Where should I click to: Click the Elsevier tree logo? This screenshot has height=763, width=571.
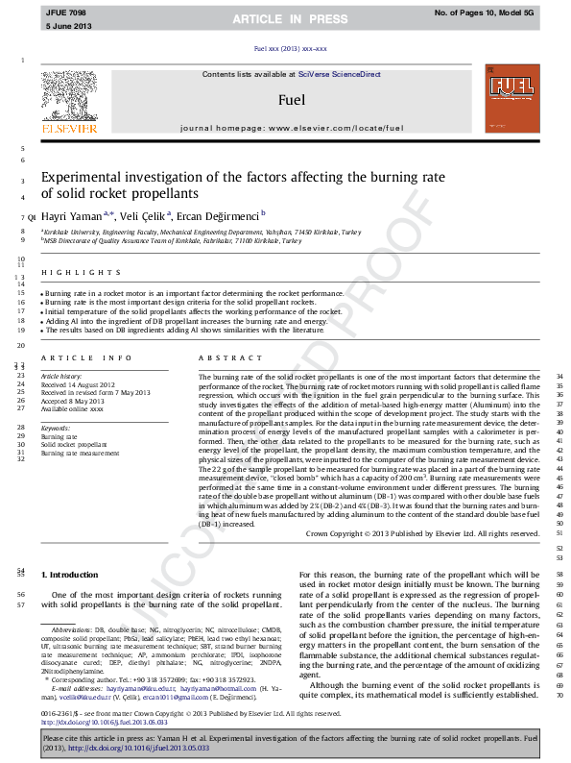pos(69,97)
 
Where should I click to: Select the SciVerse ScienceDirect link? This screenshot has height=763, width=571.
pos(339,75)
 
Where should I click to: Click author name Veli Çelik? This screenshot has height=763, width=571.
pos(145,216)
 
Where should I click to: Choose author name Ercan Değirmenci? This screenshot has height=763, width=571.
pos(222,216)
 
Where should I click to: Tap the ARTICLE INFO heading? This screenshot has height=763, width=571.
pos(75,357)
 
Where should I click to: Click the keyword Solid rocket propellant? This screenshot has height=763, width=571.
pos(74,445)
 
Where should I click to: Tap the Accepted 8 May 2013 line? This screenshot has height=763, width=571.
pos(72,401)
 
